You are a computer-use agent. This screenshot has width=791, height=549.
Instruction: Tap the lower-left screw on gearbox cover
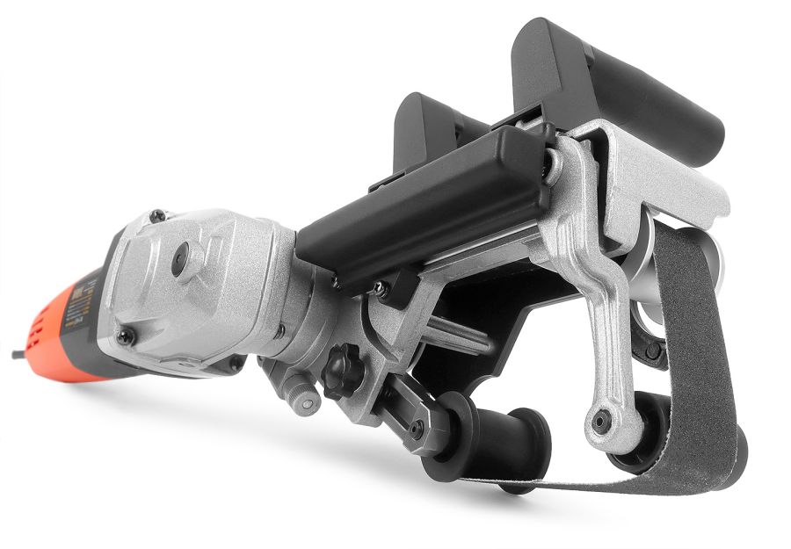(127, 336)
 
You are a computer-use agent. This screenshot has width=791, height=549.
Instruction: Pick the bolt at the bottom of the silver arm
(601, 422)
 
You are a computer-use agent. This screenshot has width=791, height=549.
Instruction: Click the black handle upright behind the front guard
(426, 132)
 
